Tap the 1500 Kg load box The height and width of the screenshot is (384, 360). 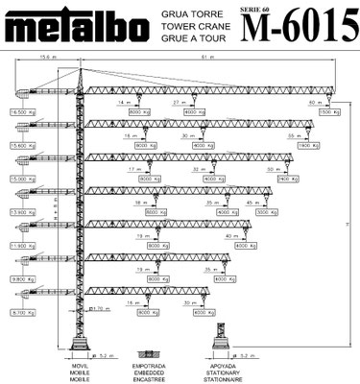pos(327,112)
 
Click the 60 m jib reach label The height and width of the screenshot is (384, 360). pos(313,101)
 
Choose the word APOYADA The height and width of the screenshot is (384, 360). pos(227,365)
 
